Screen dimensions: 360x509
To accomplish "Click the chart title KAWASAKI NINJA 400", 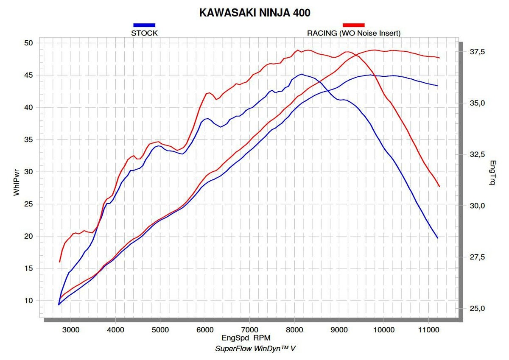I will (255, 13).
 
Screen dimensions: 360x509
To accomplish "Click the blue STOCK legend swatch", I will (144, 25).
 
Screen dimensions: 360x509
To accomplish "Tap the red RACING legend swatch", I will (353, 25).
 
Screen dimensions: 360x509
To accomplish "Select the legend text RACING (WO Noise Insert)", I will (353, 33).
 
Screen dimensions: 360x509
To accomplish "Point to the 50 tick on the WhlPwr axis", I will (29, 43).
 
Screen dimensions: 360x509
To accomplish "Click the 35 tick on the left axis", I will (29, 140).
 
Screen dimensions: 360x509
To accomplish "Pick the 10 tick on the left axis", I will (29, 300).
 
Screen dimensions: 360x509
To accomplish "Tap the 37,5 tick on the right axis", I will (476, 52).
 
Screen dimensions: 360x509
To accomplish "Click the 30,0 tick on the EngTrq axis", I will (476, 206).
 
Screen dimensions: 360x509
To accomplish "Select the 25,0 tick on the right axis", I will (476, 308).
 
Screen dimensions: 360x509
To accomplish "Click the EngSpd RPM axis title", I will (246, 338).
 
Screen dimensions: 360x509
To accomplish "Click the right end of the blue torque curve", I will (438, 238).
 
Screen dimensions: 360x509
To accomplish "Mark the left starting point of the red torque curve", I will (60, 262).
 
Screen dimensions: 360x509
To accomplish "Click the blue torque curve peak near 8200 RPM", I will (302, 74).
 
